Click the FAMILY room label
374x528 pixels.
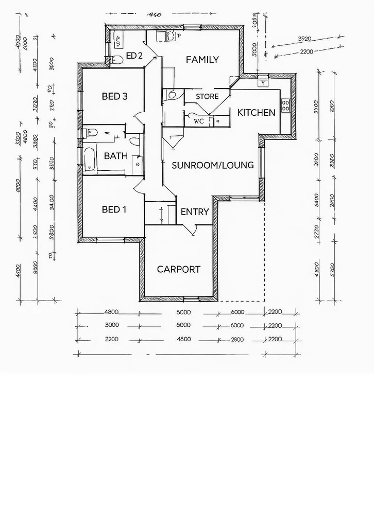pos(202,60)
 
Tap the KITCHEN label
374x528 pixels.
pos(256,112)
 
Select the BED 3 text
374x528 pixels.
pos(114,96)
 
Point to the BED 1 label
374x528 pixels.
pos(114,209)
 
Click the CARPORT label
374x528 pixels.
pos(178,269)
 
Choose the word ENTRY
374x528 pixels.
pos(195,212)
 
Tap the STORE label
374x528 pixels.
pos(207,97)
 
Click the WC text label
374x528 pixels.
pos(198,122)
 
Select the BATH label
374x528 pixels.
pos(116,156)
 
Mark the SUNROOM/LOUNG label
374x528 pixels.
pos(212,165)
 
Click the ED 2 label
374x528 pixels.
pos(134,56)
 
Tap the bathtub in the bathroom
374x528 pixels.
pos(90,160)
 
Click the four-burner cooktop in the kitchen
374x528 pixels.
pos(286,105)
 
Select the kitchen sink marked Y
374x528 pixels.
pos(263,82)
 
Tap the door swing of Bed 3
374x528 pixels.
pos(137,117)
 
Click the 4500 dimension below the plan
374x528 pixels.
pos(183,339)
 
